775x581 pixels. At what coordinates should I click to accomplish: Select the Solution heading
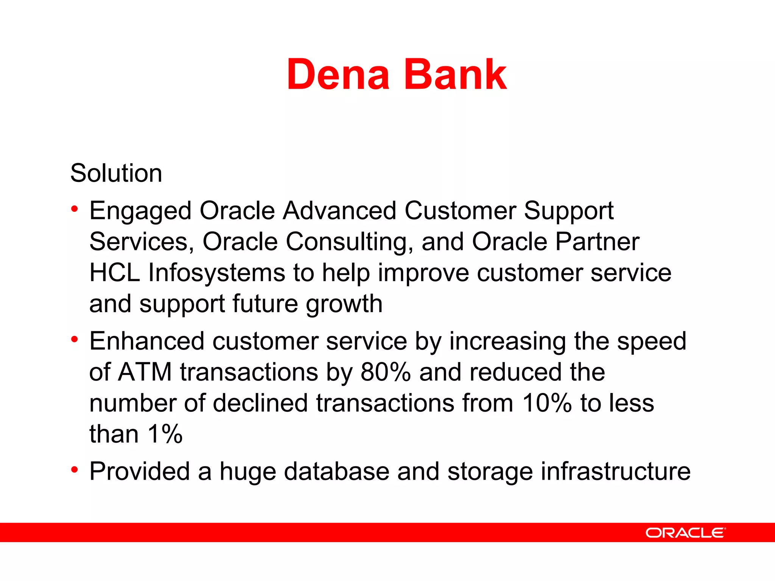pyautogui.click(x=116, y=173)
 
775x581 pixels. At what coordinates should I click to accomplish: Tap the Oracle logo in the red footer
pyautogui.click(x=685, y=533)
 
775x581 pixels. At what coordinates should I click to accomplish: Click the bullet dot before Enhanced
pyautogui.click(x=75, y=339)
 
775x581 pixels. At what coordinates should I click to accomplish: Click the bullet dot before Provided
pyautogui.click(x=75, y=470)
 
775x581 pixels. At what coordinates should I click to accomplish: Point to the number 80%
pyautogui.click(x=385, y=372)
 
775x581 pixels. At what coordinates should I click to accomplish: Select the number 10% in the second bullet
pyautogui.click(x=547, y=403)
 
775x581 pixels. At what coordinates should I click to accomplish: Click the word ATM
pyautogui.click(x=145, y=372)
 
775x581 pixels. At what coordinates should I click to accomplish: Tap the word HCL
pyautogui.click(x=115, y=273)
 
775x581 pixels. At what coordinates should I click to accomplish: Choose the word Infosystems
pyautogui.click(x=216, y=273)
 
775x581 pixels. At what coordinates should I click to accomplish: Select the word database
pyautogui.click(x=336, y=472)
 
